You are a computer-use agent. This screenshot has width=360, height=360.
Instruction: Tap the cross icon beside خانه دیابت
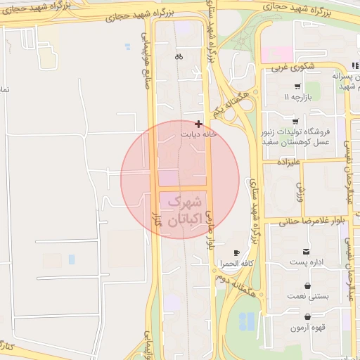198,123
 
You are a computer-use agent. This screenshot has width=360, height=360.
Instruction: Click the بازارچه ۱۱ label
298,96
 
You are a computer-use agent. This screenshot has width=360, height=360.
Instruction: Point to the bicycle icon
179,57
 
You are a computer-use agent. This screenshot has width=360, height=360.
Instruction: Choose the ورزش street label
299,189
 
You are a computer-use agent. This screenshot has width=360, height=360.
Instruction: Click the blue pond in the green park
247,321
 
